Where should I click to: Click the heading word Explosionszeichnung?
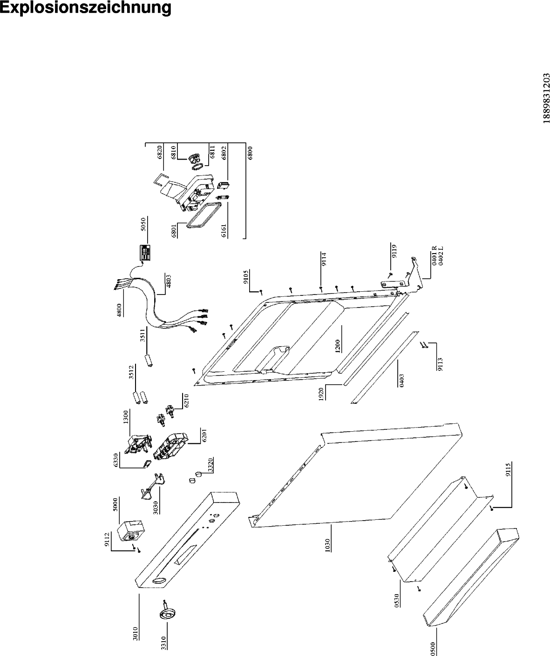pos(86,8)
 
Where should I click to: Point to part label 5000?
pos(116,504)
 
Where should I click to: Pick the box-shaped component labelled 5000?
pos(131,530)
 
